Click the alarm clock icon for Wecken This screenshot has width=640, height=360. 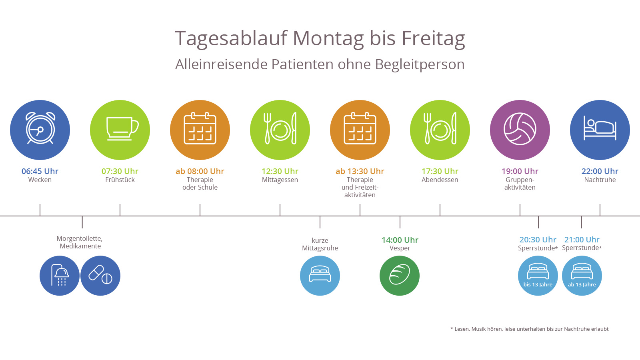click(40, 130)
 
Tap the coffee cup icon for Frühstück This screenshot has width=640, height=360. click(120, 130)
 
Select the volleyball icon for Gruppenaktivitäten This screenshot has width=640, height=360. click(520, 130)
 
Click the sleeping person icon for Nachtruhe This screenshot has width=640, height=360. click(600, 130)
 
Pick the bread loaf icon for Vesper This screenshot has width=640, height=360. click(400, 276)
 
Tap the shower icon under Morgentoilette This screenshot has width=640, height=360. click(60, 276)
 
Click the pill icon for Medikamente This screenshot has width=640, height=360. click(100, 276)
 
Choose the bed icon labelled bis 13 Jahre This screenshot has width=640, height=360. click(538, 276)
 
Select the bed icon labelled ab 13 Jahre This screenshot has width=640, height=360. click(582, 276)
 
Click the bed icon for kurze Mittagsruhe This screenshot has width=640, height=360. click(320, 276)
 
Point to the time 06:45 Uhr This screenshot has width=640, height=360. click(40, 171)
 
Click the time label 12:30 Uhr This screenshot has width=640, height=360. click(280, 171)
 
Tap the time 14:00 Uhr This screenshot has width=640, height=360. click(400, 240)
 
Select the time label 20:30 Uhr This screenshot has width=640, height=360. click(538, 240)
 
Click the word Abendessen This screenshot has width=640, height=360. click(440, 180)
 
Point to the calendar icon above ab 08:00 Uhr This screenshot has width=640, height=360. click(200, 130)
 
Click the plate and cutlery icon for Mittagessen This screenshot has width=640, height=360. click(280, 130)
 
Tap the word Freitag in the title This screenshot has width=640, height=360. click(433, 38)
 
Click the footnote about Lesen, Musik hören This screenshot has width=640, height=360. click(529, 329)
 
